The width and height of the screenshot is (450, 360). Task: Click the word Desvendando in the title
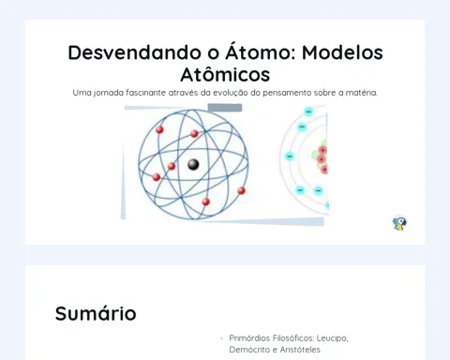click(134, 52)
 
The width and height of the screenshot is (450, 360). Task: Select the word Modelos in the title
click(342, 52)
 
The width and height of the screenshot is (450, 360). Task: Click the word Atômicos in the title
click(225, 74)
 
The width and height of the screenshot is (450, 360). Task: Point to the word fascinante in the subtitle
click(145, 93)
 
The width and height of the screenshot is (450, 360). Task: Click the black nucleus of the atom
click(193, 164)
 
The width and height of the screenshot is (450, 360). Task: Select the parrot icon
click(399, 223)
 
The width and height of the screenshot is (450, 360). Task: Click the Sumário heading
click(96, 313)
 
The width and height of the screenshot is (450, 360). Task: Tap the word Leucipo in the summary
click(332, 338)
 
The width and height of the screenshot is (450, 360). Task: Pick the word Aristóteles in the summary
click(300, 350)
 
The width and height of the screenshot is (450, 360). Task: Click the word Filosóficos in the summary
click(293, 338)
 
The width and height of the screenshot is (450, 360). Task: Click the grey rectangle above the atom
click(225, 108)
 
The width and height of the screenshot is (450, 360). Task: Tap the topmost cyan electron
click(308, 112)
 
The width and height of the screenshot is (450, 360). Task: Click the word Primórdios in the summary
click(249, 338)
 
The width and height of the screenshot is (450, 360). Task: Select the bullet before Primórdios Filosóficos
click(221, 338)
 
